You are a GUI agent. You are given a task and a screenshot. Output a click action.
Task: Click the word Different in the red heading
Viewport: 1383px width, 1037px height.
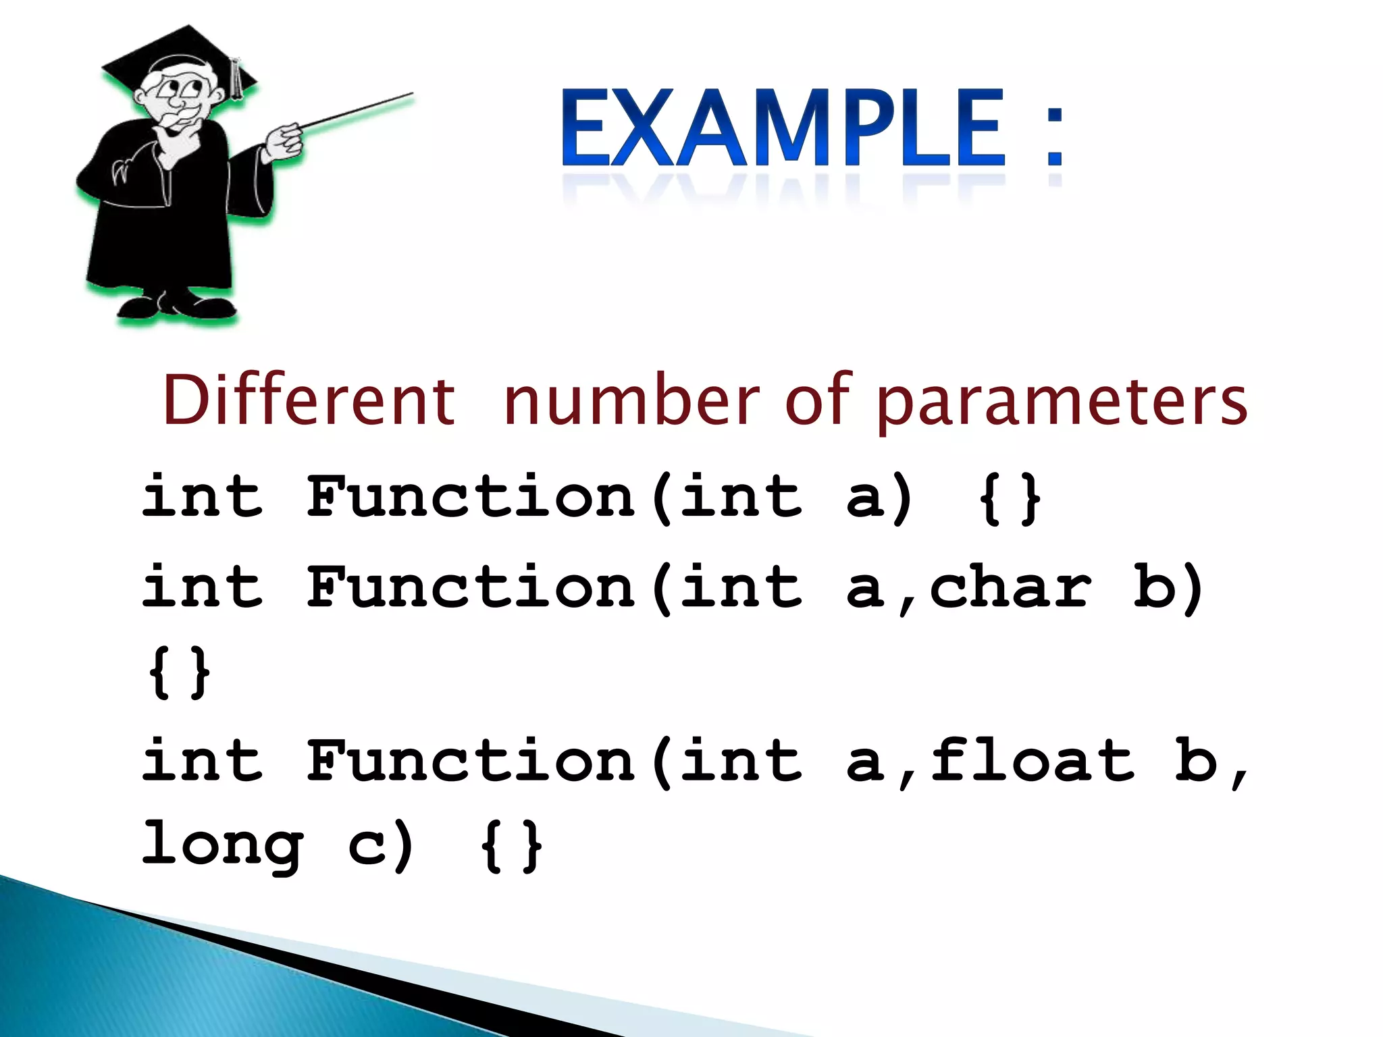[309, 401]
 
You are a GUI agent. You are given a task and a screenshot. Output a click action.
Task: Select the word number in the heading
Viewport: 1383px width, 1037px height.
[631, 401]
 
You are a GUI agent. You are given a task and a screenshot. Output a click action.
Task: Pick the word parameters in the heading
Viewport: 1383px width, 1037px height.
[1062, 404]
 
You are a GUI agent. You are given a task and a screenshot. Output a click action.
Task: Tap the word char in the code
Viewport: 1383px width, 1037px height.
[1010, 587]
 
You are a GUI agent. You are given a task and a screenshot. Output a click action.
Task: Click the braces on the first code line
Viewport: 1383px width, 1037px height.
[1010, 500]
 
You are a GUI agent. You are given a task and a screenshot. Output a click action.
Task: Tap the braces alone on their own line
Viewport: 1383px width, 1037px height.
[179, 672]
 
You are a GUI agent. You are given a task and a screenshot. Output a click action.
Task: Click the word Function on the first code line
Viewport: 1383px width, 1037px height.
[471, 498]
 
